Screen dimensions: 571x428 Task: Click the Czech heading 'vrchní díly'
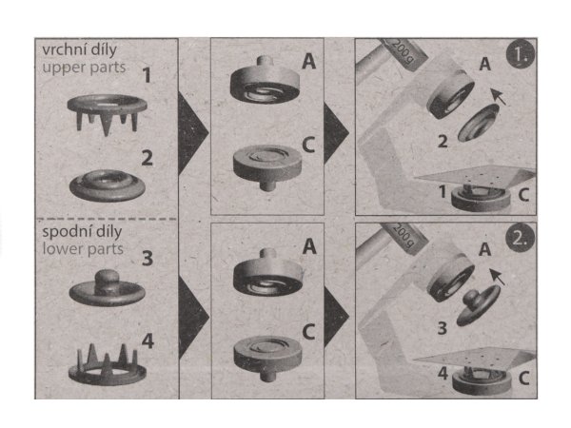[79, 50]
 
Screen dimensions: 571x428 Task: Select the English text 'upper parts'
[84, 68]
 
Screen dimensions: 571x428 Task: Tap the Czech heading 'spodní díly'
[82, 232]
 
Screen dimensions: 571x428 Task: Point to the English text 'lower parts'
[83, 249]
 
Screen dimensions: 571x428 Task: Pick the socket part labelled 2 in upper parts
[108, 185]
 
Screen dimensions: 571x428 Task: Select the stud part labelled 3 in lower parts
[107, 287]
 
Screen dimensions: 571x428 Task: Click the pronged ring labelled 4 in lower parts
[108, 364]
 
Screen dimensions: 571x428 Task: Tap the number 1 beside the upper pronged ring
[147, 76]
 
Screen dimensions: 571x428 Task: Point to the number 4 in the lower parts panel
[148, 341]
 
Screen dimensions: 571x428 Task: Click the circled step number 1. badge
[520, 54]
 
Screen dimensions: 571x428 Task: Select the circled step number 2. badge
[520, 238]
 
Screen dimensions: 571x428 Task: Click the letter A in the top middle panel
[308, 61]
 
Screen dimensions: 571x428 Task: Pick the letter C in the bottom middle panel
[308, 332]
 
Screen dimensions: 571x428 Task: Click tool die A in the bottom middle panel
[268, 272]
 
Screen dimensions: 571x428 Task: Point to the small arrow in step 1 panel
[498, 96]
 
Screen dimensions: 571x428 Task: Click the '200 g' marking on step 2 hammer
[404, 234]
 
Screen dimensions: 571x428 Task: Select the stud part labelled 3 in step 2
[478, 305]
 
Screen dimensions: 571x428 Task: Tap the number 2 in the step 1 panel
[443, 141]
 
